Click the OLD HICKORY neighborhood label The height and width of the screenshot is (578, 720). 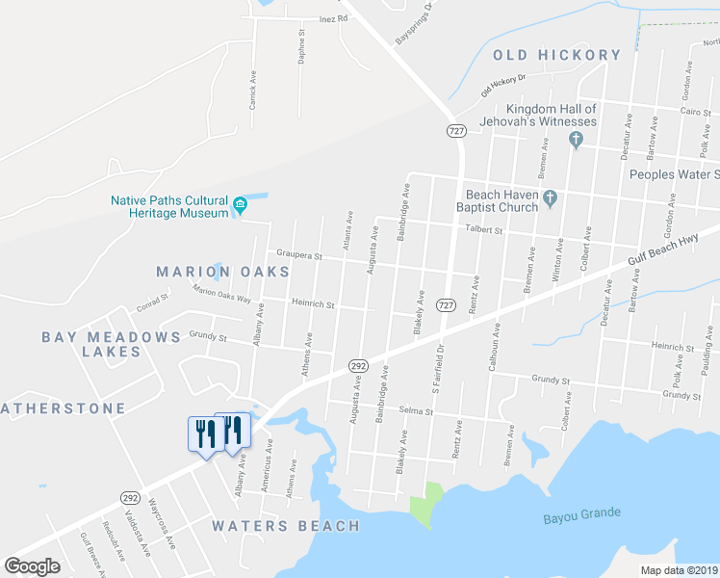click(556, 55)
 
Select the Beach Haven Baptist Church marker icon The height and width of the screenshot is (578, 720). click(551, 199)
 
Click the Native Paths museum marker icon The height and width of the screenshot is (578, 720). click(241, 205)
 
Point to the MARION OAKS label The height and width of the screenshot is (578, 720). click(222, 273)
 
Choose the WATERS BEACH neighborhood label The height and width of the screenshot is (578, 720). click(286, 526)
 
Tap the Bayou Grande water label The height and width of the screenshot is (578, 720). click(581, 513)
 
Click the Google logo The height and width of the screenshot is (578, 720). click(32, 566)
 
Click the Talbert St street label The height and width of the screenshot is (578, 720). click(484, 230)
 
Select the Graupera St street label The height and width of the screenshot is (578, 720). click(298, 255)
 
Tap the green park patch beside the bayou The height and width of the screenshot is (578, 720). click(426, 504)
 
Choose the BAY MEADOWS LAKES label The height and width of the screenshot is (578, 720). click(111, 344)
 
